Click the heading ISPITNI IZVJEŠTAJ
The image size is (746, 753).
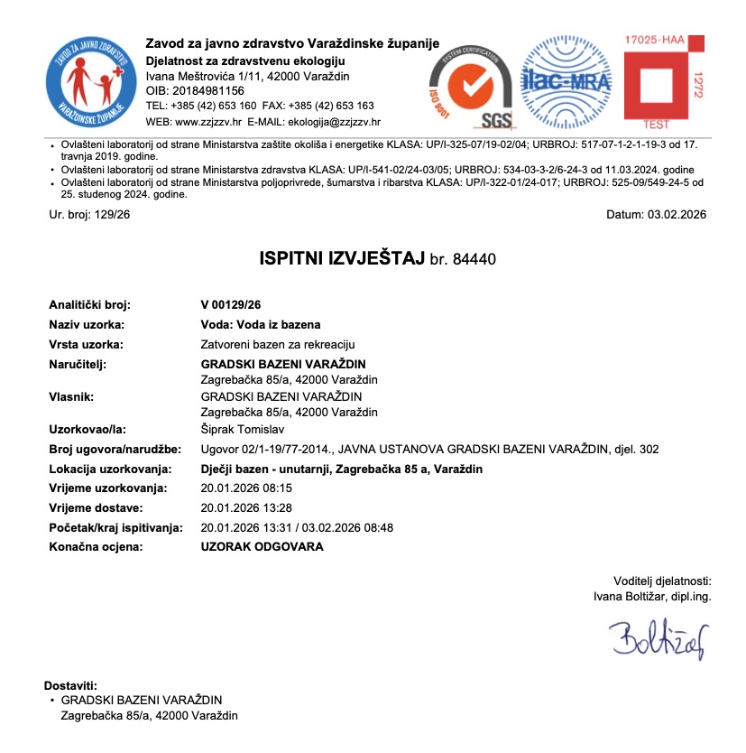342,259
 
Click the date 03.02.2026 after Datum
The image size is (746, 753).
677,214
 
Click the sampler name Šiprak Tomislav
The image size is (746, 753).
241,430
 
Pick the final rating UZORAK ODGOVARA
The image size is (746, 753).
262,546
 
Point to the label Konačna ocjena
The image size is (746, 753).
96,546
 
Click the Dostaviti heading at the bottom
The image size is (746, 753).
70,686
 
